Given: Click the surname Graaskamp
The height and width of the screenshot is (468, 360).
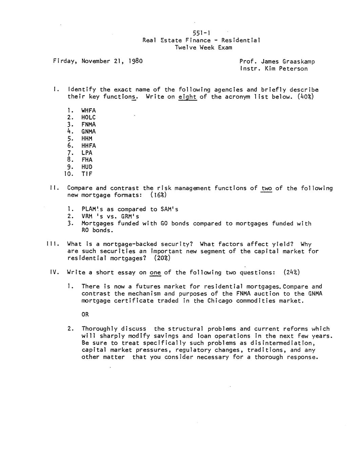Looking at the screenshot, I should (298, 62).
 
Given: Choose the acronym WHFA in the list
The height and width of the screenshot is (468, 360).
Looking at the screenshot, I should (88, 111).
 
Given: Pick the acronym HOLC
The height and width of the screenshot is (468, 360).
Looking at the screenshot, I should (88, 118).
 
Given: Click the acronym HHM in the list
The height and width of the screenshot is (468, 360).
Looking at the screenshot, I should (87, 139).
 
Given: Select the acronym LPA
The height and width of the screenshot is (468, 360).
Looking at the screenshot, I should (87, 153).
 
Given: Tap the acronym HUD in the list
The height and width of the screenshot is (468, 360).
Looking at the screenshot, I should (87, 167).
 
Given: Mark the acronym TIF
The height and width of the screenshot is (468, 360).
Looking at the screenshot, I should (87, 174).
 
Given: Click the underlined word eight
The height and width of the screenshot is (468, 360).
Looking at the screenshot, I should (187, 97).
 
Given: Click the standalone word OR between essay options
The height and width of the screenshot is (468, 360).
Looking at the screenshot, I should (85, 314).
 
